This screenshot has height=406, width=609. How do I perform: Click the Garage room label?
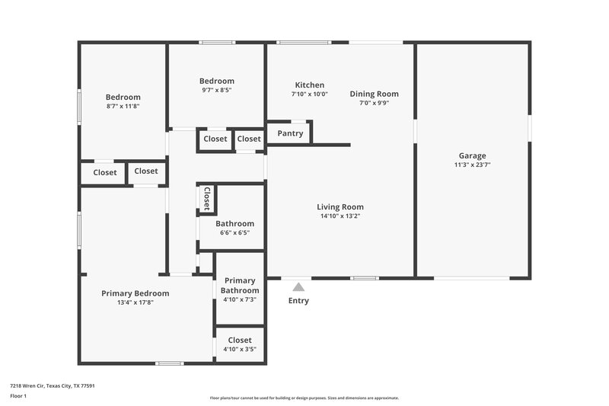tap(472, 155)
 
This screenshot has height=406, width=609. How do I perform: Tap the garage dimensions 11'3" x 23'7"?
tap(472, 165)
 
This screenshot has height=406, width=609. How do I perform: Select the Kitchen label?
tap(309, 85)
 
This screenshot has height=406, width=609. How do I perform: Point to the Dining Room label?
tap(374, 94)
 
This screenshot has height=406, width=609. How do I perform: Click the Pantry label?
tap(290, 133)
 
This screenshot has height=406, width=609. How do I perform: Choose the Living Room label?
tap(340, 206)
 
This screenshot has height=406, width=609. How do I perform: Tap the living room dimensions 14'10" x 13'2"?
tap(340, 216)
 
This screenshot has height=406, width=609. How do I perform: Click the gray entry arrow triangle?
tap(299, 286)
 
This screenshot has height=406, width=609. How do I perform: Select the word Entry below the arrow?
tap(298, 301)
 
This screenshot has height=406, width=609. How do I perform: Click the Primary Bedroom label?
tap(136, 293)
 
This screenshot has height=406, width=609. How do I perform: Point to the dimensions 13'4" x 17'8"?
tap(136, 302)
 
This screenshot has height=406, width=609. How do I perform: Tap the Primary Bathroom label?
tap(240, 285)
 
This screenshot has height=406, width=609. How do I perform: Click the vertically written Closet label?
tap(206, 199)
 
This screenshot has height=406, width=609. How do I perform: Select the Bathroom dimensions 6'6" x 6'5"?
tap(234, 233)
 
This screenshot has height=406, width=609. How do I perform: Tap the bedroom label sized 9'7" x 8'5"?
tap(217, 81)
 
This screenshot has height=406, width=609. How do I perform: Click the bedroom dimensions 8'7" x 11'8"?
tap(123, 107)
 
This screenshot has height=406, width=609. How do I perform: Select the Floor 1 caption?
tap(18, 397)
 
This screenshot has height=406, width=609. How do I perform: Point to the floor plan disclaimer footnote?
tap(304, 398)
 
